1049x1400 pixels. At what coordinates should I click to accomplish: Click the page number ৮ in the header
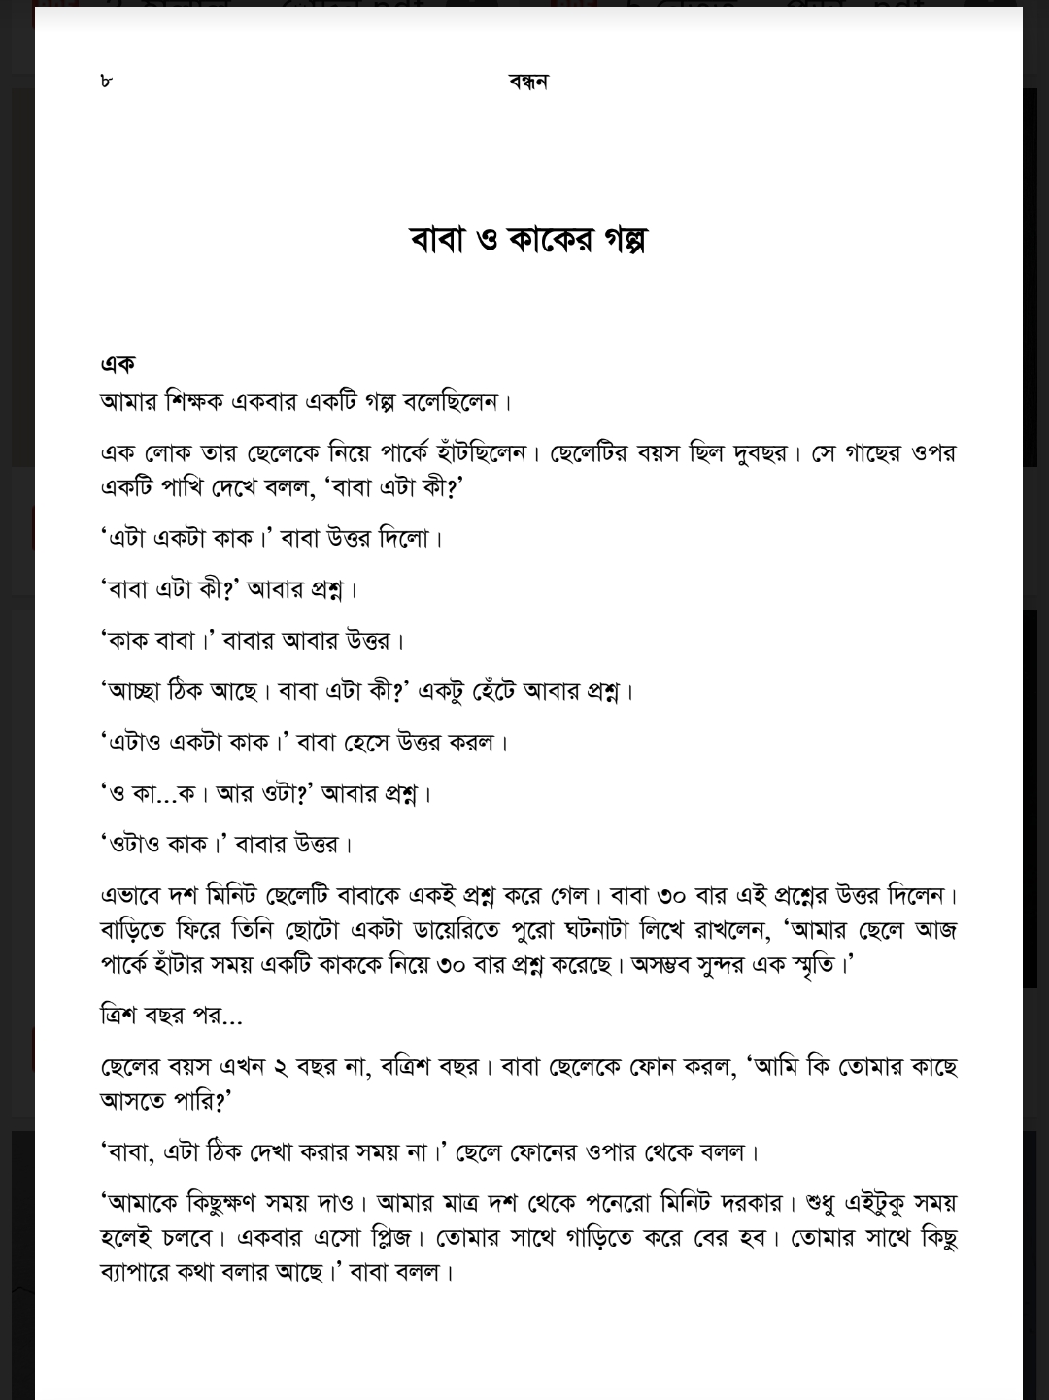[106, 81]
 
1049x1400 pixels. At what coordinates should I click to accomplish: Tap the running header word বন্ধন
[528, 82]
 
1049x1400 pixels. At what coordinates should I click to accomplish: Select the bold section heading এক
[118, 364]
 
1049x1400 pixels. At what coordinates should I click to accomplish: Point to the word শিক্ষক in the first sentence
[195, 401]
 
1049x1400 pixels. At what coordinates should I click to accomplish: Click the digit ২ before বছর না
[280, 1068]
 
